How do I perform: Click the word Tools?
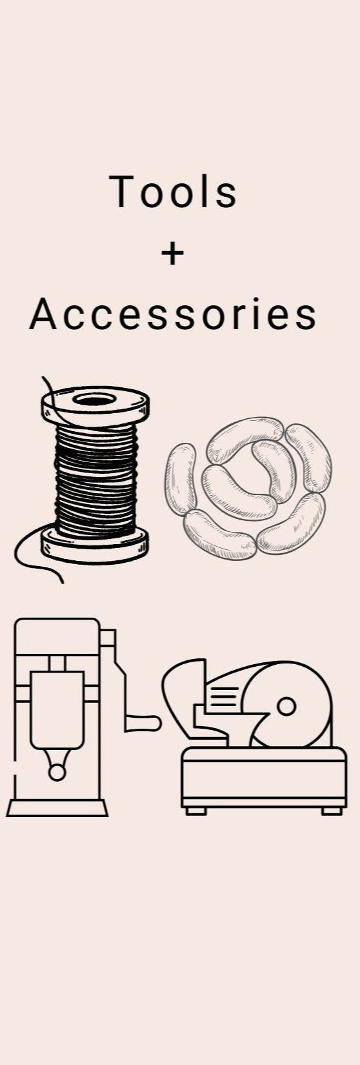tap(174, 192)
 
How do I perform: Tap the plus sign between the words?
tap(172, 254)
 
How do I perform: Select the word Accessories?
tap(173, 314)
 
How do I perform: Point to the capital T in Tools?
tap(121, 192)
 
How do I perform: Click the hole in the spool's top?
tap(94, 400)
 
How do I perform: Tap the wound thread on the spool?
tap(96, 480)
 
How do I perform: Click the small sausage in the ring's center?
tap(276, 469)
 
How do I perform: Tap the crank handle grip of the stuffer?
tap(143, 723)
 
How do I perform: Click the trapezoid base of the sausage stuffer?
tap(57, 807)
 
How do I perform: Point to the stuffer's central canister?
tap(57, 709)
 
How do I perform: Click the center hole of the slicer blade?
tap(286, 707)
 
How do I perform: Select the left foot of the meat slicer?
tap(195, 811)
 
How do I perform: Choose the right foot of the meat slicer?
tap(332, 811)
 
